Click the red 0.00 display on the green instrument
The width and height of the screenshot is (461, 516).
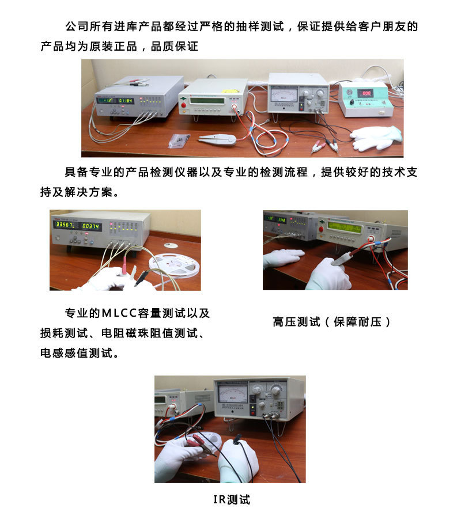pos(365,93)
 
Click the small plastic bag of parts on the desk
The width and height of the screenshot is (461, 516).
pos(179,140)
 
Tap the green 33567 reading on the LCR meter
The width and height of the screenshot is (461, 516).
pos(63,225)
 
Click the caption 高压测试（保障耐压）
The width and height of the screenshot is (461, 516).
pos(332,322)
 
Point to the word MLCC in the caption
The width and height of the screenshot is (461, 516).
pos(119,314)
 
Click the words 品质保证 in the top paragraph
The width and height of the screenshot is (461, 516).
pos(175,47)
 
